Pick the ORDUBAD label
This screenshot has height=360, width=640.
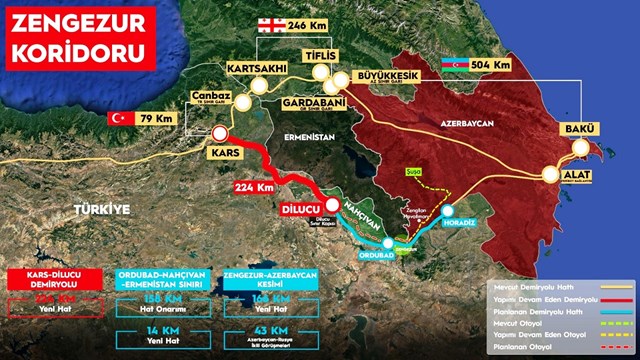click(364, 255)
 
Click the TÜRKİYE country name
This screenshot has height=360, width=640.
click(101, 208)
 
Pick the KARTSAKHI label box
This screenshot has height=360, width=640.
click(258, 68)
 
